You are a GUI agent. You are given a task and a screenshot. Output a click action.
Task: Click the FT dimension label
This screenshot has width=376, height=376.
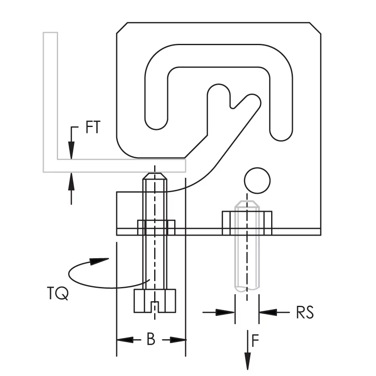click(x=93, y=127)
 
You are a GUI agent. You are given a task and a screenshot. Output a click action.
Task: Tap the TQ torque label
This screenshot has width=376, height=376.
click(x=58, y=293)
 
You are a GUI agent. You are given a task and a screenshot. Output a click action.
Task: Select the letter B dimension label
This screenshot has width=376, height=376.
click(x=151, y=340)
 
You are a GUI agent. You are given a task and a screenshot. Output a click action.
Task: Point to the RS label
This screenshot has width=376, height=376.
click(x=305, y=312)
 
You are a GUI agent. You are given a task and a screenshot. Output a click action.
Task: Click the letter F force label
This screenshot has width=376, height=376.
click(x=255, y=340)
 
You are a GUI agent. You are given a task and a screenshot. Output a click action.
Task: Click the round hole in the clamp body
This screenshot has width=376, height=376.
click(x=257, y=180)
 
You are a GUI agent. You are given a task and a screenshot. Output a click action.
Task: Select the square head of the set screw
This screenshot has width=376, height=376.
click(x=155, y=301)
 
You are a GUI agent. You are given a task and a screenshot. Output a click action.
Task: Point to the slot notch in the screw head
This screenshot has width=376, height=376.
click(x=155, y=307)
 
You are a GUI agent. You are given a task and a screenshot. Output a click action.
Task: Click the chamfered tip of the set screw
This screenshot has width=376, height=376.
click(x=155, y=176)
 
